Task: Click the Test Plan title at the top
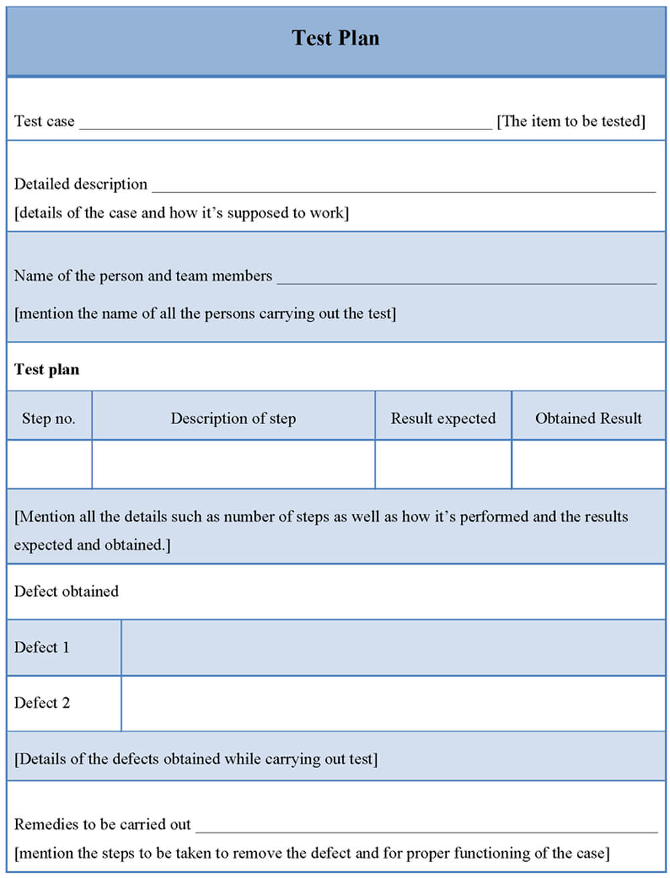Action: coord(335,38)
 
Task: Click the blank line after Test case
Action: coord(285,124)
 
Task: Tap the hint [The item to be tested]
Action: coord(571,121)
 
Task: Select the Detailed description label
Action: coord(80,184)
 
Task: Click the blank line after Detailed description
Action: coord(403,188)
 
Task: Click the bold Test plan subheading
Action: coord(47,370)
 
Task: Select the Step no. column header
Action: coord(48,419)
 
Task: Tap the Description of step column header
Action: coord(233,419)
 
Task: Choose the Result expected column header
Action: coord(443,419)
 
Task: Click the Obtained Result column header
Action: coord(588,419)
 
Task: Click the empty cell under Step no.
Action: coord(49,464)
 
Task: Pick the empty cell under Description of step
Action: coord(233,464)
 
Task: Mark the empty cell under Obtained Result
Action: coord(588,464)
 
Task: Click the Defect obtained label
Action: coord(66,591)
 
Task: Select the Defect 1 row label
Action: coord(42,648)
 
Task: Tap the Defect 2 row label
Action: coord(42,703)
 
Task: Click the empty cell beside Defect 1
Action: coord(393,648)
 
